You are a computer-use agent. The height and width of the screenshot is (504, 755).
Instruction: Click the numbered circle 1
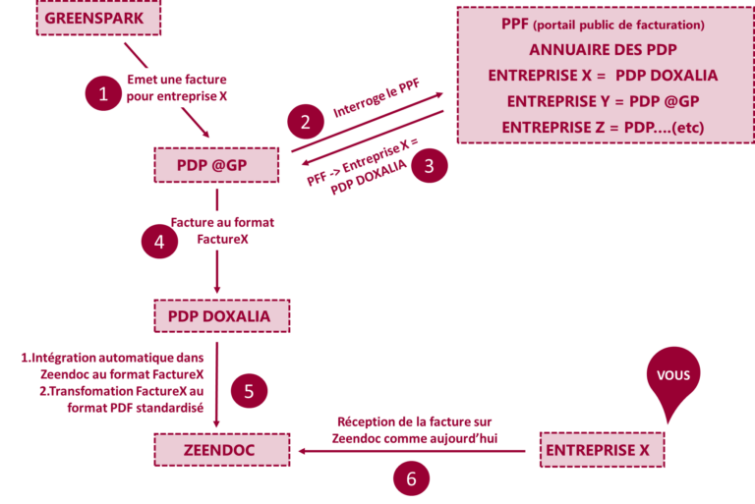102,94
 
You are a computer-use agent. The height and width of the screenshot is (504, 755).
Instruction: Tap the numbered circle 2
305,122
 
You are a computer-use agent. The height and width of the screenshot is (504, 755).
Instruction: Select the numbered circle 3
428,165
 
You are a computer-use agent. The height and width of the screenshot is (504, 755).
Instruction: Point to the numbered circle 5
249,391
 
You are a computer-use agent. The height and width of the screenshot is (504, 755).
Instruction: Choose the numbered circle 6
411,478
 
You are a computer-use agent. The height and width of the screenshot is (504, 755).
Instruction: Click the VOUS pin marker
673,379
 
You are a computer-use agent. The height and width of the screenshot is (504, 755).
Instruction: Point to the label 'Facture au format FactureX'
222,231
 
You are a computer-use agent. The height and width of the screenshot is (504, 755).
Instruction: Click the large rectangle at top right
605,75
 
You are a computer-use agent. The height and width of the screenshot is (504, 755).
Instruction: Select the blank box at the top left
98,18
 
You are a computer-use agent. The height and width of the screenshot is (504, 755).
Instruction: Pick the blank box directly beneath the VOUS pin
602,450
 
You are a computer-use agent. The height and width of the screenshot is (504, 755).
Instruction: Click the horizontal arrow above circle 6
413,451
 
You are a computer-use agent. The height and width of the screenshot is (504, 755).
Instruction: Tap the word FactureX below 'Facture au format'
222,239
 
